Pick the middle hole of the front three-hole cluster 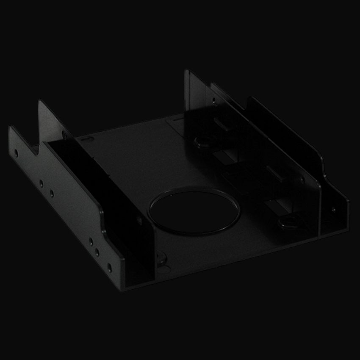[x=97, y=252]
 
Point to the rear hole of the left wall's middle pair [x=41, y=183]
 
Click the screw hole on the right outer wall [x=333, y=209]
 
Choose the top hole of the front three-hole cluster [x=91, y=242]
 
